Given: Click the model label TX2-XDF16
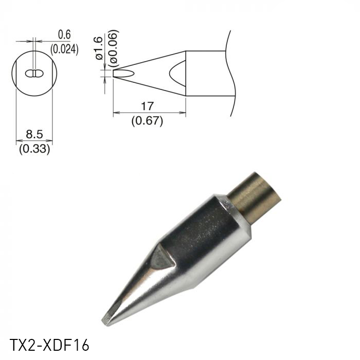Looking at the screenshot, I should pos(45,344).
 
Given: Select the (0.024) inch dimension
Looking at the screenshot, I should pos(64,49).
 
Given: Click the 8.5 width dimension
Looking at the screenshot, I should pos(34,135).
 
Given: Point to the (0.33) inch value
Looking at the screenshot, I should pos(34,150).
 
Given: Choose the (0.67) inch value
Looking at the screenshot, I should pos(147,121).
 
